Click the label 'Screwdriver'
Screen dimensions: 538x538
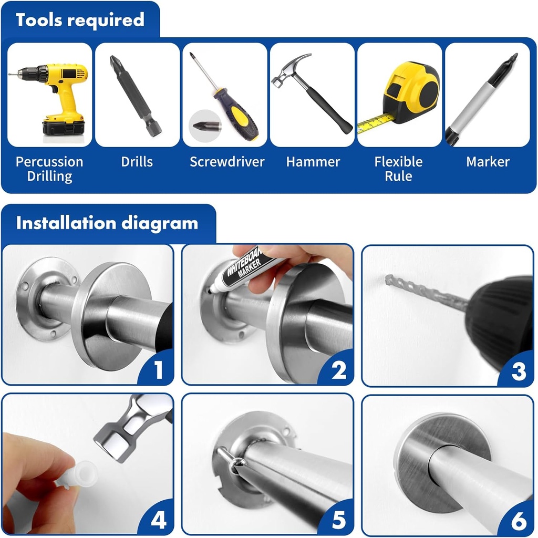coord(227,162)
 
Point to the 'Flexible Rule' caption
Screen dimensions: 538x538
coord(398,169)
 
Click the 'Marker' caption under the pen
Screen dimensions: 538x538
coord(488,162)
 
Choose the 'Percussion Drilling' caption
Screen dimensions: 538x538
coord(49,169)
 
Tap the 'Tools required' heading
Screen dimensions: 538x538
coord(80,20)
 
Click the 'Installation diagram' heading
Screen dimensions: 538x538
coord(107,223)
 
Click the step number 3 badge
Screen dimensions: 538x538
coord(518,371)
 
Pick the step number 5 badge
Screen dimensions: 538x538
coord(339,520)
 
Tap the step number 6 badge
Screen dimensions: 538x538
coord(518,520)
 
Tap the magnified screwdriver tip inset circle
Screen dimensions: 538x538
coord(204,126)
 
